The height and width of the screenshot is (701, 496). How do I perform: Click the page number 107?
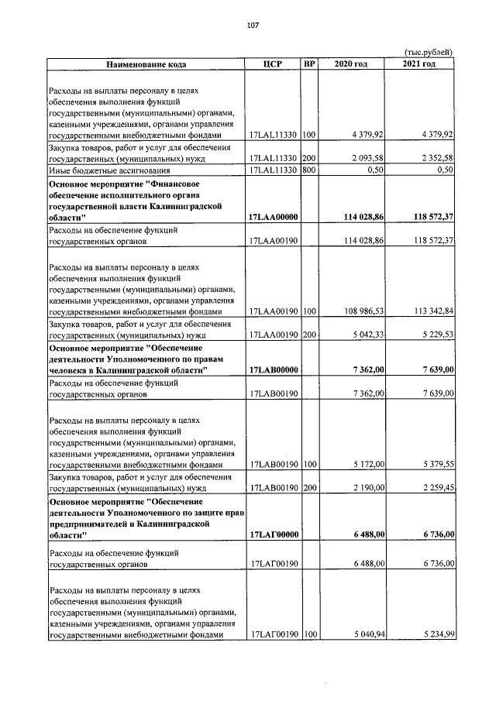252,26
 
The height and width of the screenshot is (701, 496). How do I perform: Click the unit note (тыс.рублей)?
429,52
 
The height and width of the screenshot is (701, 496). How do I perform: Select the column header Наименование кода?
146,63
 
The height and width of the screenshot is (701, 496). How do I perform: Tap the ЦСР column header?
271,63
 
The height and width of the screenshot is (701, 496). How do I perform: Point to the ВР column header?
310,63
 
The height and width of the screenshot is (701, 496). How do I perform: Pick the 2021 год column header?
419,63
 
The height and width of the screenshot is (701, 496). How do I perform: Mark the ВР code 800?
310,170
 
